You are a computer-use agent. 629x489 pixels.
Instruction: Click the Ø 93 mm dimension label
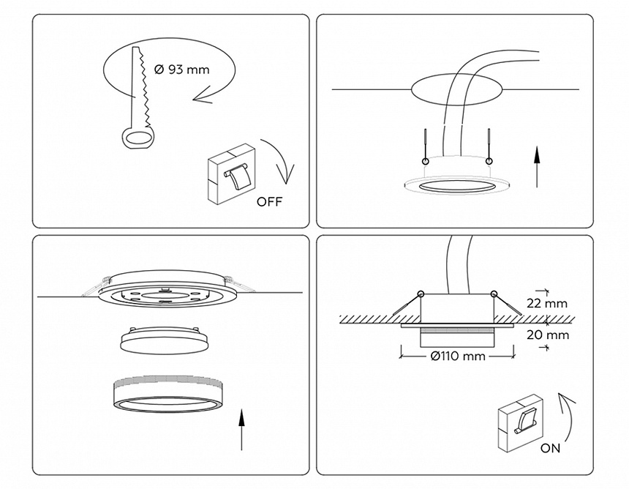point(182,70)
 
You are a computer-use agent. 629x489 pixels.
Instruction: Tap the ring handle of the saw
point(137,138)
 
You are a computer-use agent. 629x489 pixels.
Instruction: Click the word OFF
point(268,202)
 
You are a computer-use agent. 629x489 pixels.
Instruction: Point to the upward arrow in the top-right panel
point(537,166)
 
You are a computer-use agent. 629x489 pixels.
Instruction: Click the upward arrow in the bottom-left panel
point(241,430)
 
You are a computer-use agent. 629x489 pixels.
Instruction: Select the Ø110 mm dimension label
point(458,356)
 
